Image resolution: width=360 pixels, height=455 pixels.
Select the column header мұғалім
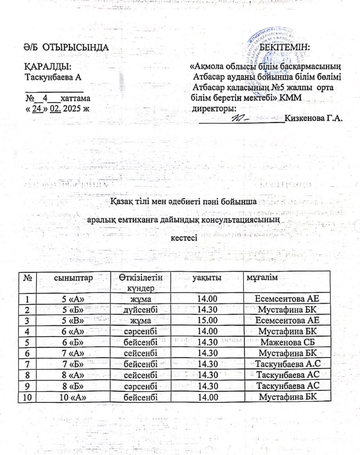point(262,278)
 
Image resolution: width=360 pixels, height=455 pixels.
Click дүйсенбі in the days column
point(140,308)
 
